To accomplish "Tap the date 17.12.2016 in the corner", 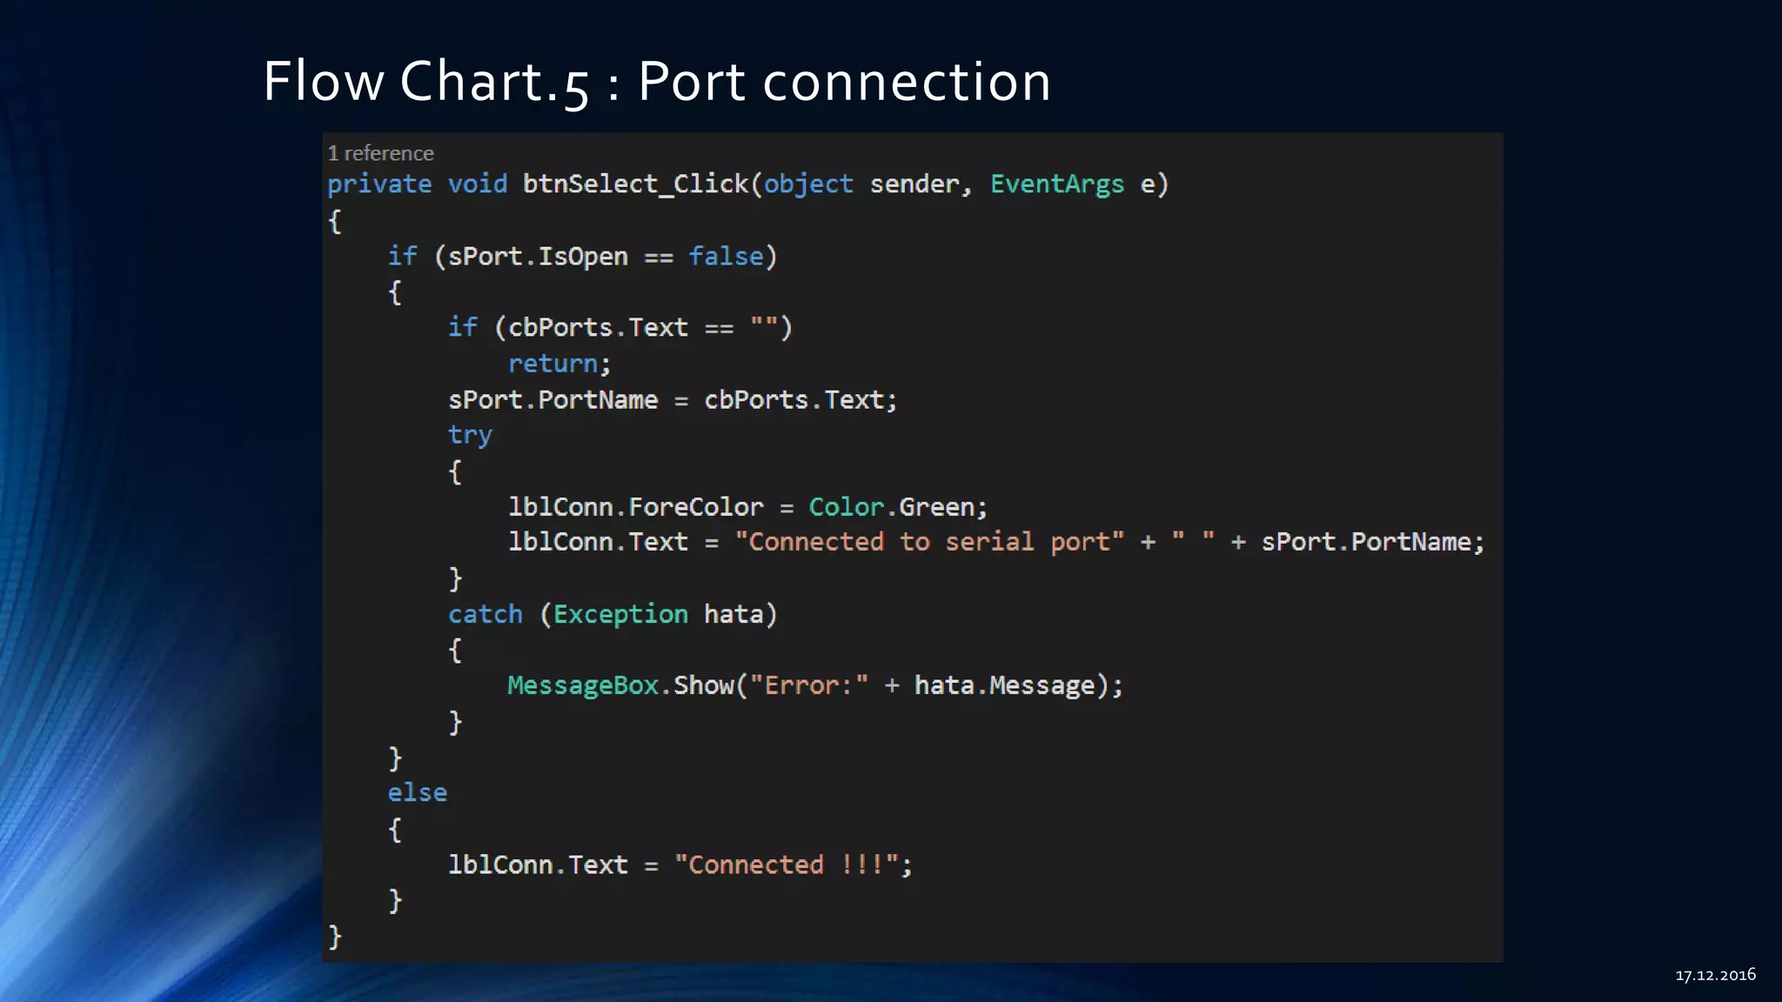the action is (1715, 975).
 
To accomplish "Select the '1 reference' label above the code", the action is (380, 154).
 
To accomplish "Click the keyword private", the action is (379, 184).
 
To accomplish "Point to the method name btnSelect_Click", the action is (635, 184).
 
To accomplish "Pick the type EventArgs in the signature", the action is (1056, 184).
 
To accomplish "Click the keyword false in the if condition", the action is (726, 257).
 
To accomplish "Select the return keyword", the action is (553, 364).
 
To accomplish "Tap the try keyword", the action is (470, 436).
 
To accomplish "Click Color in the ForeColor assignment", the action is (846, 507).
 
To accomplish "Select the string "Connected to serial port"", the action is (929, 543).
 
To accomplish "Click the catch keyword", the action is (486, 615).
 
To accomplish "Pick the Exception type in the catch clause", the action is (620, 615).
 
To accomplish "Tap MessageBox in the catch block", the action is (583, 686).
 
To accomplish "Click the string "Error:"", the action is (809, 686).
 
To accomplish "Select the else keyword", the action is (418, 793).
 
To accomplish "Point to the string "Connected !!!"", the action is (787, 865).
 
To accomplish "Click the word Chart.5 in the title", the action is (494, 82).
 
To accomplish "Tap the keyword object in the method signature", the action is (808, 184).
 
